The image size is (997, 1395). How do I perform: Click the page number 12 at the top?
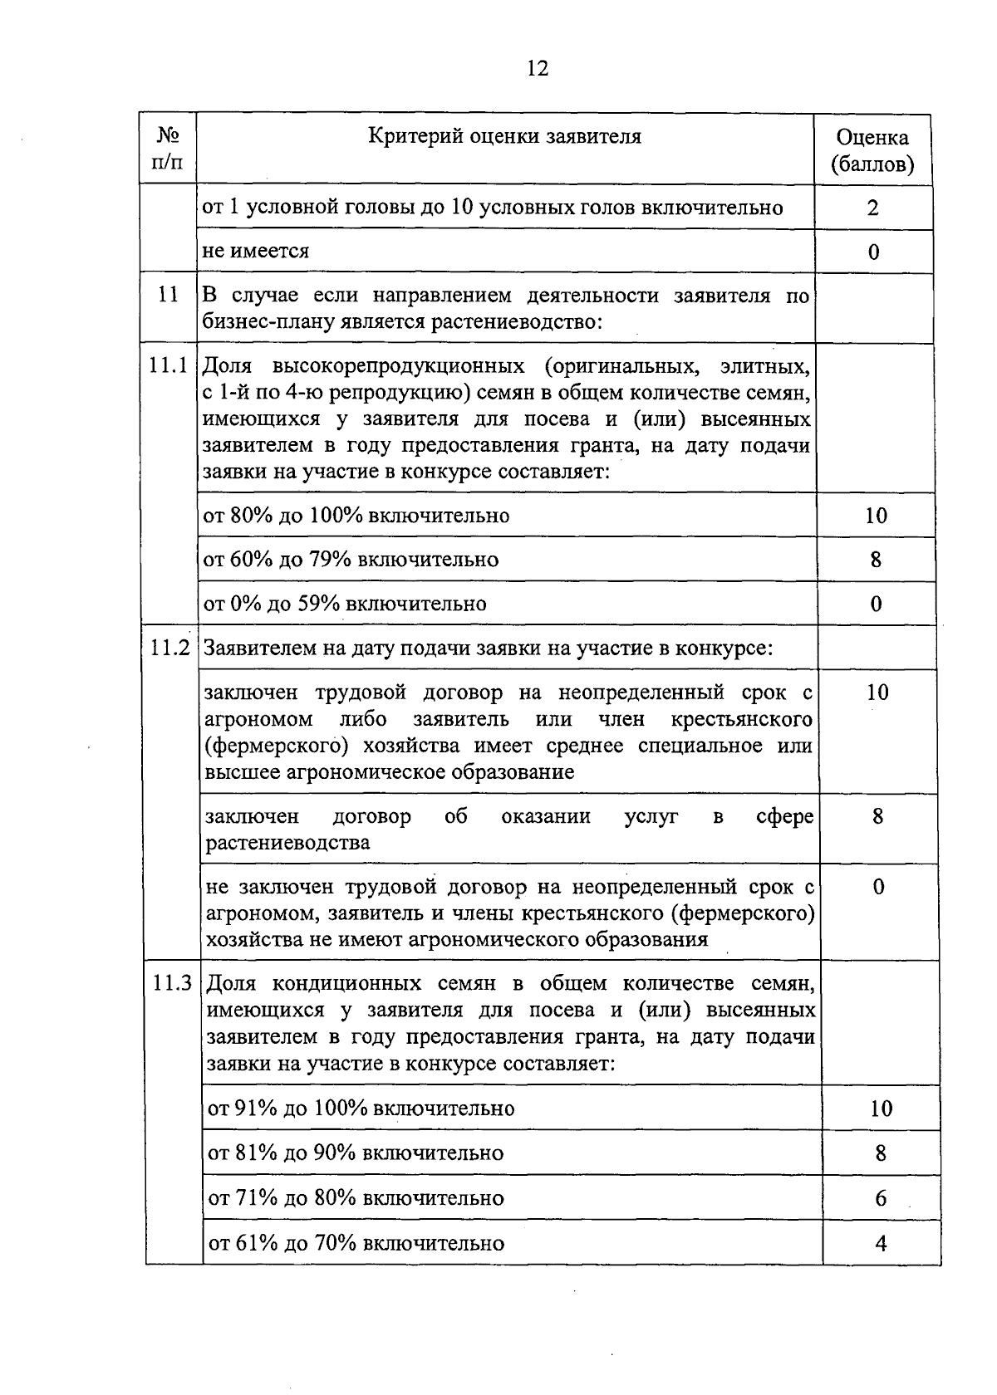click(538, 68)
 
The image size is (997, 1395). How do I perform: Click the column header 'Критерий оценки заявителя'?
click(505, 136)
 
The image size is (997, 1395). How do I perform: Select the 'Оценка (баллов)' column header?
click(872, 150)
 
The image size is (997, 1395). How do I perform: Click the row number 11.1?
click(169, 365)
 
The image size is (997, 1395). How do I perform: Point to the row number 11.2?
click(171, 648)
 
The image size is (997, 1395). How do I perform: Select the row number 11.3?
click(173, 983)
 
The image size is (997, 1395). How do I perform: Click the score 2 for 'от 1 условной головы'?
click(872, 207)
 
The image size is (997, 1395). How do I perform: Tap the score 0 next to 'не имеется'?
click(873, 252)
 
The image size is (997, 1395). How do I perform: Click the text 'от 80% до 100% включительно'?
click(356, 516)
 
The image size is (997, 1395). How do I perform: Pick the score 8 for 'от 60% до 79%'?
click(876, 560)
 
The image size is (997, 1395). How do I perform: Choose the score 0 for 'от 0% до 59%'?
click(876, 604)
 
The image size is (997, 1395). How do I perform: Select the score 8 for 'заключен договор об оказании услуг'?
click(877, 816)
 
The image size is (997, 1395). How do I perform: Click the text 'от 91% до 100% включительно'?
click(361, 1109)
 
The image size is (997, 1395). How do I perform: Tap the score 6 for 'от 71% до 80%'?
click(881, 1198)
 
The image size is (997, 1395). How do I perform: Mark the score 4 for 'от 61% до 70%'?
click(881, 1243)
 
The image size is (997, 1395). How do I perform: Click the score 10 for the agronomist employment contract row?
click(877, 692)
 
